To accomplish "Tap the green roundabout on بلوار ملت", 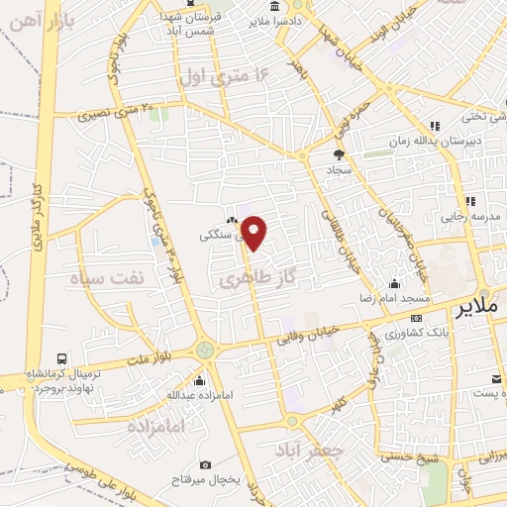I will point(205,349).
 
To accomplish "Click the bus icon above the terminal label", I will point(62,358).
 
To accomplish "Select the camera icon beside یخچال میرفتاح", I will point(205,464).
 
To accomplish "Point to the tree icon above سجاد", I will point(339,154).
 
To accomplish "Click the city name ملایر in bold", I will point(479,308).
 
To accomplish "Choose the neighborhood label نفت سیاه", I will point(107,280).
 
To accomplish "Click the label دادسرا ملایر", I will point(261,19).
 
